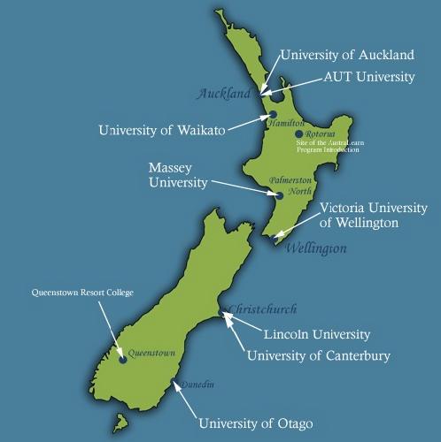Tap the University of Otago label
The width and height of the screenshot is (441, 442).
coord(255,422)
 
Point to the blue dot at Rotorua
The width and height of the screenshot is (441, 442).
coord(299,133)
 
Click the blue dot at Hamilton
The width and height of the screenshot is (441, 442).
coord(274,115)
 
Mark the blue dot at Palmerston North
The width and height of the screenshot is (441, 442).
coord(279,196)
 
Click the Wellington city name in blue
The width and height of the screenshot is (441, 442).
coord(315,248)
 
